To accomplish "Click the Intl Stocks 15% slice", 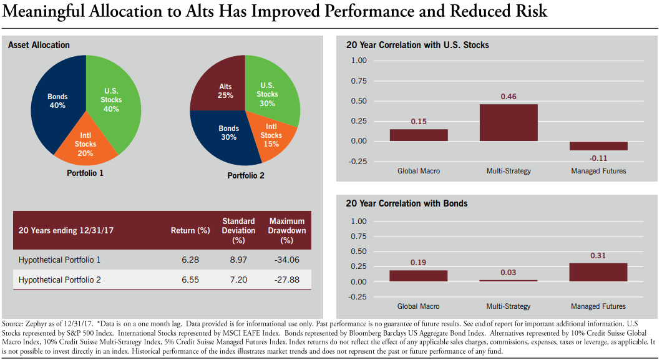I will [270, 134].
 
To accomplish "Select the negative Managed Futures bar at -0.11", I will [598, 146].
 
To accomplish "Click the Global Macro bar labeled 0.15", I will [419, 135].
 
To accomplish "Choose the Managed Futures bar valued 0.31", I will [598, 272].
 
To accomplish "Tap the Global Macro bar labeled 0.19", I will [419, 276].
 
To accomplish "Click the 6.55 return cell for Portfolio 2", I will [190, 280].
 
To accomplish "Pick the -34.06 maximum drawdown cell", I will [287, 260].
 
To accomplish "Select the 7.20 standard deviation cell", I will [238, 280].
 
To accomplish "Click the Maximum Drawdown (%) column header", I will [287, 231].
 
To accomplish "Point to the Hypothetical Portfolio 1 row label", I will [59, 260].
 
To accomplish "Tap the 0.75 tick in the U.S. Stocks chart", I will [359, 81].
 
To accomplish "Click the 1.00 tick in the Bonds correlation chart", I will [359, 221].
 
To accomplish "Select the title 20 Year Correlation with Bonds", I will [406, 203].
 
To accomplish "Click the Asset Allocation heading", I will [39, 45].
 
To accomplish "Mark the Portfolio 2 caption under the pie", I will [245, 176].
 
